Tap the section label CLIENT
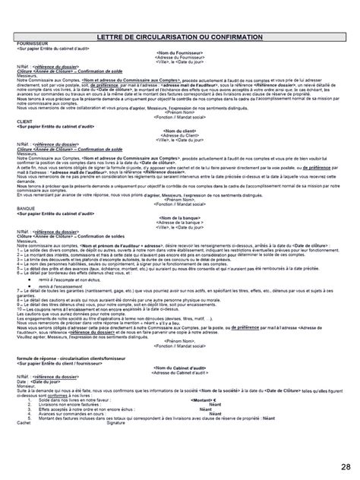pos(24,121)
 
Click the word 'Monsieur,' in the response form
pos(28,384)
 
